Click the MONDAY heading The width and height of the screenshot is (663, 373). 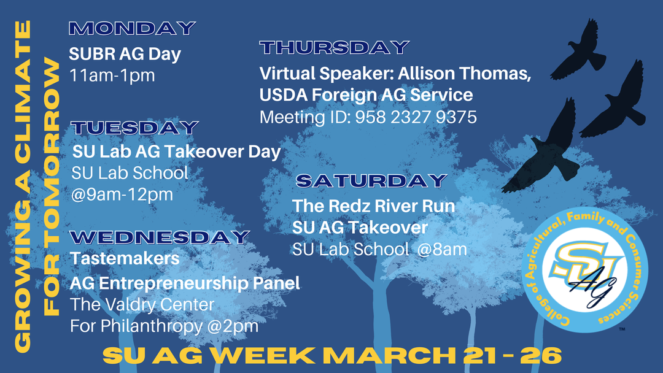(x=132, y=28)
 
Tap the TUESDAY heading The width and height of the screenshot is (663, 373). (x=134, y=128)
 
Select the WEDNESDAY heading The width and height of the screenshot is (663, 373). (x=160, y=237)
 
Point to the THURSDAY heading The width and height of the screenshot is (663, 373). (x=335, y=47)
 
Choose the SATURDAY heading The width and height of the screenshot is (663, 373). (x=371, y=181)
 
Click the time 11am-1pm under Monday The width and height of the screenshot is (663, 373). (x=112, y=75)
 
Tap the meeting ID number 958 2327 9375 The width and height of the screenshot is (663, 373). (x=416, y=117)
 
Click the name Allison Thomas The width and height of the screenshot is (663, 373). (x=464, y=74)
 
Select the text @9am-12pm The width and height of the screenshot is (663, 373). (x=122, y=194)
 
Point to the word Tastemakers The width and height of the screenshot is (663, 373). (x=125, y=258)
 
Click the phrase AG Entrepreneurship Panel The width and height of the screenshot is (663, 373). (x=185, y=283)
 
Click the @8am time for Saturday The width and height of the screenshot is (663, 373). (x=442, y=249)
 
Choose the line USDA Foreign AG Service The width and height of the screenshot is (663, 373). (x=366, y=95)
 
